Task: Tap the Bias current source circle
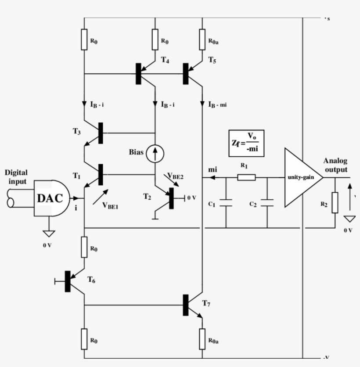tap(155, 153)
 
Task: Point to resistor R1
tap(247, 177)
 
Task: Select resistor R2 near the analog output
tap(335, 202)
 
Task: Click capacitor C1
tap(226, 203)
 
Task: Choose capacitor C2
tap(267, 203)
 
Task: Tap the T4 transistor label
tap(165, 60)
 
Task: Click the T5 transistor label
tap(212, 61)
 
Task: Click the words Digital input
tap(16, 177)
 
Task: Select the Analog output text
tap(335, 165)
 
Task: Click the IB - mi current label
tap(217, 104)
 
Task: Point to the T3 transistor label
tap(77, 132)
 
